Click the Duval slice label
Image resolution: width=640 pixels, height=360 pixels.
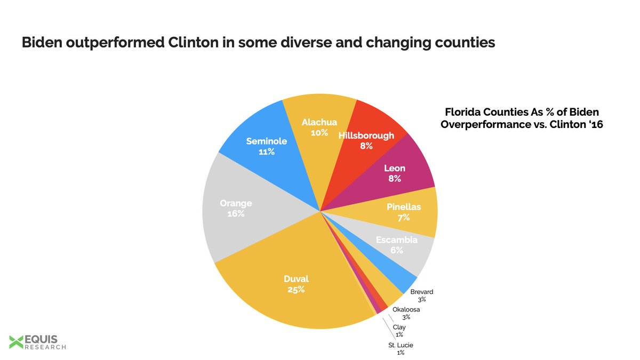(297, 278)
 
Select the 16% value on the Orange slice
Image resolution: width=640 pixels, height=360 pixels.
(235, 214)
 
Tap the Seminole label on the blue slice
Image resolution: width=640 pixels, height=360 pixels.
(267, 141)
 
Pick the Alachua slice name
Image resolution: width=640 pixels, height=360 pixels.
(319, 122)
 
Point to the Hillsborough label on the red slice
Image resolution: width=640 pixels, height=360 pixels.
(366, 135)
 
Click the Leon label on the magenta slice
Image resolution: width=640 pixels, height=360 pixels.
(395, 169)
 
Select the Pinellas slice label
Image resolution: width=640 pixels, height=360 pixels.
(403, 207)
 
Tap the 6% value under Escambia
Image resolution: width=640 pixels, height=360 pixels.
(396, 250)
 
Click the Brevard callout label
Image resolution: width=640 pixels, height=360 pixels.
(422, 292)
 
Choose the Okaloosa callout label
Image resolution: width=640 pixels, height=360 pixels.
(406, 309)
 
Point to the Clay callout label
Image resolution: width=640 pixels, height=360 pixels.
(399, 327)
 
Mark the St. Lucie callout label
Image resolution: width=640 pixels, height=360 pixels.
(401, 345)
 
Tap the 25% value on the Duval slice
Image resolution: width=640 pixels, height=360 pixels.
(297, 290)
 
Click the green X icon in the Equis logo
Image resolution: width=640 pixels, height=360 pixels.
(17, 342)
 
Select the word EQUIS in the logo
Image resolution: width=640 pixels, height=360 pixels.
(43, 339)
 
